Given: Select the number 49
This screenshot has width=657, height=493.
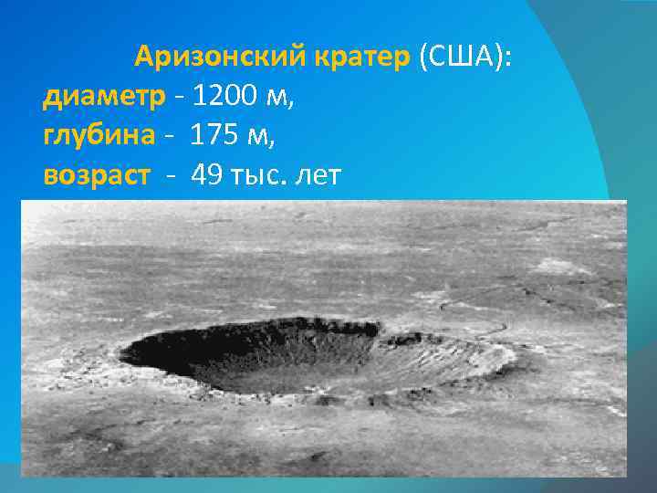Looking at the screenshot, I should click(207, 173).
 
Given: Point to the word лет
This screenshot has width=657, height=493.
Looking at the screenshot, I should click(318, 173).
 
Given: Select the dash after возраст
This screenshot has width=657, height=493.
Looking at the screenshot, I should click(172, 175).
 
